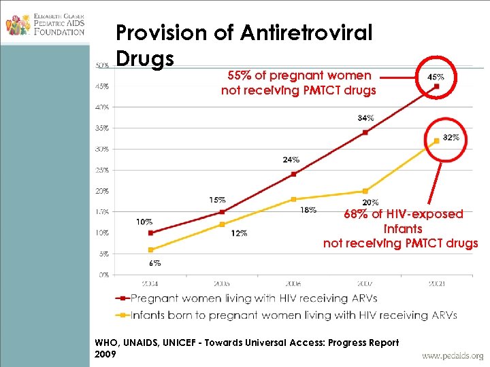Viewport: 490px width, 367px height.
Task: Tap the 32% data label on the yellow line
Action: [451, 137]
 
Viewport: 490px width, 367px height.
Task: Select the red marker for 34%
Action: [365, 132]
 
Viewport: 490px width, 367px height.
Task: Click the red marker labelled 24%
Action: [293, 174]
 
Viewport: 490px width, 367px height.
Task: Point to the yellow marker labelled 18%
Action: [293, 199]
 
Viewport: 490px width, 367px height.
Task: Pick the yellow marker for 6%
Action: [151, 250]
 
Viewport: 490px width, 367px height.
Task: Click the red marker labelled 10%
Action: [151, 233]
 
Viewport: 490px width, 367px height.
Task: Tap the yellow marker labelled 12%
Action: [222, 224]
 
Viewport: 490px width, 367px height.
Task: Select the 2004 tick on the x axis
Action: [151, 283]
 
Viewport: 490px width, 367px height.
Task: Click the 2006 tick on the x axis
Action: [293, 283]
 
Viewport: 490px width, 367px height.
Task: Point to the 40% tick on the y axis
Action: [102, 107]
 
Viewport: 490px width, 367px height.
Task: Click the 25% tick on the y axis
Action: [102, 170]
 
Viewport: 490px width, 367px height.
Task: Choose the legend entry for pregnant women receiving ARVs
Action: [252, 298]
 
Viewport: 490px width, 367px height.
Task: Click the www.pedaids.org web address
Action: [453, 355]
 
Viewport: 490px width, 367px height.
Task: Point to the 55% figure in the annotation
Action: [238, 75]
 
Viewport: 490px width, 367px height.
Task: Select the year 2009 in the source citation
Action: [106, 354]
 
